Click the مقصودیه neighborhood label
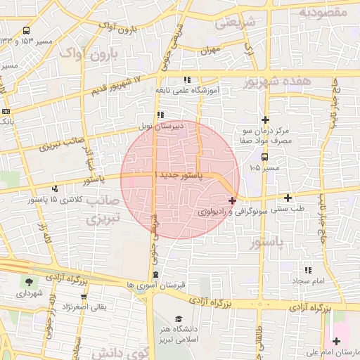pos(323,12)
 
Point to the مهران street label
pos(210,51)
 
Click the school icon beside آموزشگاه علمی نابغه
pos(186,80)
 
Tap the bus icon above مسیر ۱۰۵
pos(264,157)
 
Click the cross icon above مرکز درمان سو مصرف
pos(265,120)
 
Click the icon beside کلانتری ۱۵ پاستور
pos(55,188)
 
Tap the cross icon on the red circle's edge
pos(232,200)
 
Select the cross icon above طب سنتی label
pos(288,198)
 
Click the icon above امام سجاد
pos(308,270)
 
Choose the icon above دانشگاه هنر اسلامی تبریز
pos(178,319)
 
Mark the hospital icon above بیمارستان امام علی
pos(337,341)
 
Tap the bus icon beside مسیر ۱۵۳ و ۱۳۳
pos(26,31)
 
